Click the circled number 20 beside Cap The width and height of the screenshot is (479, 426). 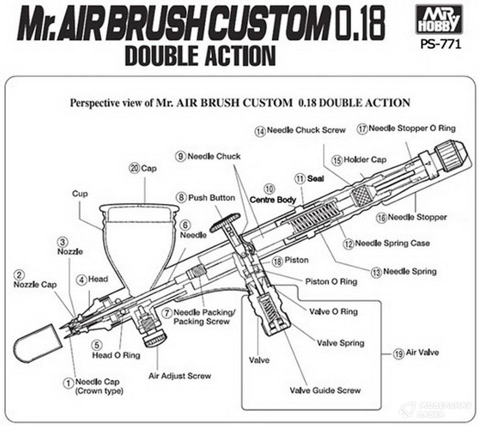tap(135, 168)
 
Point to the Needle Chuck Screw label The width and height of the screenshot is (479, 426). tap(306, 130)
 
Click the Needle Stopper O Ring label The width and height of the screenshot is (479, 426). tap(412, 128)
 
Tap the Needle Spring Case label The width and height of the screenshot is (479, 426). tap(392, 243)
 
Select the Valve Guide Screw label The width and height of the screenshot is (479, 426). tap(325, 390)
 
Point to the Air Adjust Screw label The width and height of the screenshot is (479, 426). tap(180, 376)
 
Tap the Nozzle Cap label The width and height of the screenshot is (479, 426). tap(35, 285)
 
